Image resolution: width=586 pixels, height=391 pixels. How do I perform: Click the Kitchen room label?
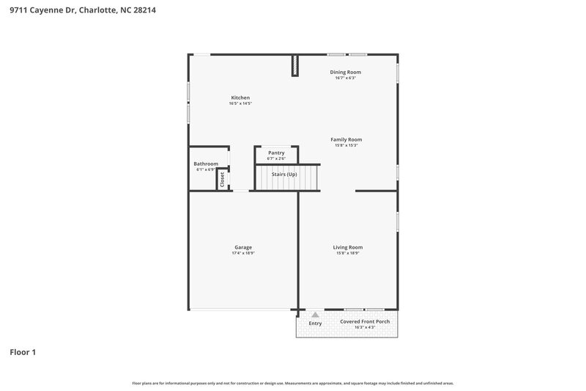click(x=241, y=98)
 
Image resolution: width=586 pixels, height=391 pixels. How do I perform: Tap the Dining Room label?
click(x=345, y=72)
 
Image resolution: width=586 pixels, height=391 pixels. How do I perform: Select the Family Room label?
click(x=346, y=139)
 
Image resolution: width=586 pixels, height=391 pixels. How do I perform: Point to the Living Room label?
click(x=347, y=247)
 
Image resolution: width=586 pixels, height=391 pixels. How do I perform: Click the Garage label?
click(x=243, y=247)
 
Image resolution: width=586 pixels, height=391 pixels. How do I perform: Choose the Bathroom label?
click(x=206, y=164)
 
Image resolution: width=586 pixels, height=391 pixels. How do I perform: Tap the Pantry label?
click(x=276, y=153)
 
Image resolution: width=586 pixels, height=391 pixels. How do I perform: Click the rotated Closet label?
click(x=222, y=179)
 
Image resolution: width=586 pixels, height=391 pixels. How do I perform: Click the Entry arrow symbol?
click(x=316, y=315)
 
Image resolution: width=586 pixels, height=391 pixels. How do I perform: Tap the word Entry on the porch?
click(x=316, y=324)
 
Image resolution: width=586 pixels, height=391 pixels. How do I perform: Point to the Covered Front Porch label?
click(x=364, y=321)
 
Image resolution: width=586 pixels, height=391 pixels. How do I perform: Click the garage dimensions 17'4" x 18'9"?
click(x=243, y=253)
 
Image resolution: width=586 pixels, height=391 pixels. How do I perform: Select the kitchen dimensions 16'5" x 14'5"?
click(x=240, y=103)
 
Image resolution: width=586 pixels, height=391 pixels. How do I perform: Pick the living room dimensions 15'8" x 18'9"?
click(x=347, y=253)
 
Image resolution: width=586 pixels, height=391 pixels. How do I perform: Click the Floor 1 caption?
click(x=23, y=352)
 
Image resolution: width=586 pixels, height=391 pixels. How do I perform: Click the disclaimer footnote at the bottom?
click(x=292, y=383)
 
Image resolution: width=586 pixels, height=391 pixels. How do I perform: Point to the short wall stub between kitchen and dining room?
click(x=295, y=65)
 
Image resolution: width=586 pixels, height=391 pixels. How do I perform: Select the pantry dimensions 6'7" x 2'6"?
click(x=276, y=158)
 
